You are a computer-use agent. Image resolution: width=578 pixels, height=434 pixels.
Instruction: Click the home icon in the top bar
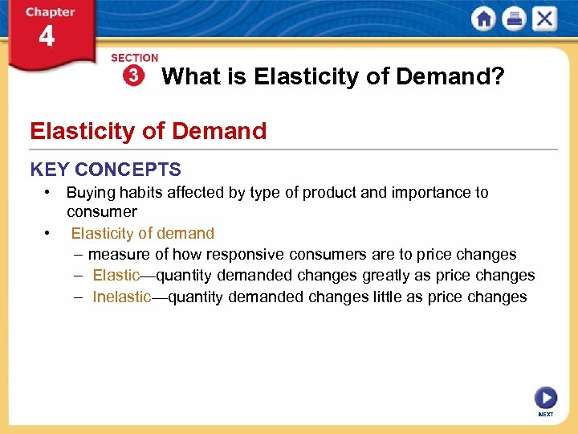pyautogui.click(x=484, y=18)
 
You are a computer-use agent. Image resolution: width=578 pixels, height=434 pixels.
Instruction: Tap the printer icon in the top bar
pyautogui.click(x=514, y=18)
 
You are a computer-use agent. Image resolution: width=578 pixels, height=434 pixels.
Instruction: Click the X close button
pyautogui.click(x=543, y=18)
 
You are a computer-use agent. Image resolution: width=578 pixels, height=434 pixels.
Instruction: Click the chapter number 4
pyautogui.click(x=47, y=37)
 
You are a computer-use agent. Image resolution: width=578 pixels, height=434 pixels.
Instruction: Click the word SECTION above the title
pyautogui.click(x=134, y=58)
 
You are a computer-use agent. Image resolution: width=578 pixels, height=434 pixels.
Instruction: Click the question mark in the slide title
pyautogui.click(x=499, y=77)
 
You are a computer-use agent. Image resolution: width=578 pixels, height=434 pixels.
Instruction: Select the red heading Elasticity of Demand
pyautogui.click(x=148, y=130)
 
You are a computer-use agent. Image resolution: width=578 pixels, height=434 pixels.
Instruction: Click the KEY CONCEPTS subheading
pyautogui.click(x=105, y=170)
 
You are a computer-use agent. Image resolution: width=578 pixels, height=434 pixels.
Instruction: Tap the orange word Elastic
pyautogui.click(x=116, y=276)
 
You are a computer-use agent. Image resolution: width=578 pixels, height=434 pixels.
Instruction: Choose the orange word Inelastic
pyautogui.click(x=121, y=297)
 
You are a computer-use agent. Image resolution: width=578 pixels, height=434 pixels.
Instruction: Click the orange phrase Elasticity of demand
pyautogui.click(x=142, y=234)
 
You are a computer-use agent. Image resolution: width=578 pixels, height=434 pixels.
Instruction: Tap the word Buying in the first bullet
pyautogui.click(x=88, y=193)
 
